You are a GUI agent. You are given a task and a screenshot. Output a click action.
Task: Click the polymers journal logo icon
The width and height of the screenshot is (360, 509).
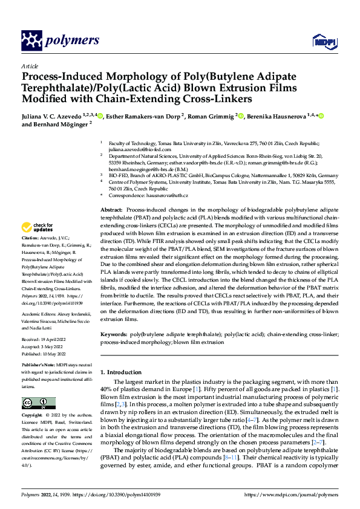pyautogui.click(x=31, y=41)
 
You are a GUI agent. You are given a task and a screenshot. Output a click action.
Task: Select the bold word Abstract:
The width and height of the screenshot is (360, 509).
pyautogui.click(x=112, y=209)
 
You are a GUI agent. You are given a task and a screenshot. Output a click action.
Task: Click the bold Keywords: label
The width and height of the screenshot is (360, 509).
pyautogui.click(x=114, y=334)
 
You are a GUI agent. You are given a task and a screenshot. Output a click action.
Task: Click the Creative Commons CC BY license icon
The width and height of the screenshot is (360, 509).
pyautogui.click(x=38, y=403)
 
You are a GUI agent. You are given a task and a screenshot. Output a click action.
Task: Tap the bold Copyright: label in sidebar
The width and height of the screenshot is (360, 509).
pyautogui.click(x=34, y=416)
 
